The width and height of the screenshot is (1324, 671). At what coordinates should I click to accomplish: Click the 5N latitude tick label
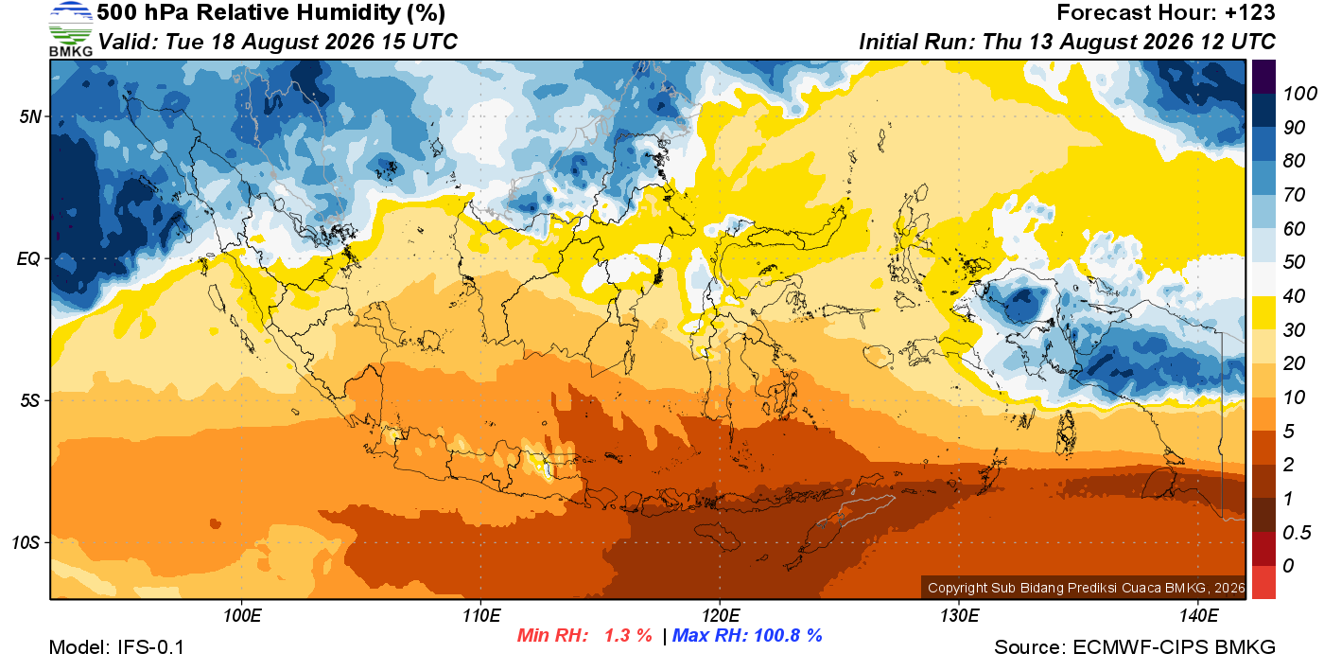30,116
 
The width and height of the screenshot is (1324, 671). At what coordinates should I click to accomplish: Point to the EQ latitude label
28,258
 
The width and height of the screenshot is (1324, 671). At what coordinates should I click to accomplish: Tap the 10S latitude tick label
26,542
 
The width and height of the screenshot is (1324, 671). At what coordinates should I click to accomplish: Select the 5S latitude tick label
30,400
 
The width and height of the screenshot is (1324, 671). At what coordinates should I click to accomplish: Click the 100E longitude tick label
242,615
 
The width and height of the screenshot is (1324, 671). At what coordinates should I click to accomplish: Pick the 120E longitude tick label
720,615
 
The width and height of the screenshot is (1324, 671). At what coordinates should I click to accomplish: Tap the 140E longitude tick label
1198,615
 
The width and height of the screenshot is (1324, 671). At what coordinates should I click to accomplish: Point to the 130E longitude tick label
959,615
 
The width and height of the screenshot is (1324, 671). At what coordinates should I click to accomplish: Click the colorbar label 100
1299,94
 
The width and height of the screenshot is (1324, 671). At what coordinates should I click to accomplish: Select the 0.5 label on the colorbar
1297,533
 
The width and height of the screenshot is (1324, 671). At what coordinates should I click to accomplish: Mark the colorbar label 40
1294,296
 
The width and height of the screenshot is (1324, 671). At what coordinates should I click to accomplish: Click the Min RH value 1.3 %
628,635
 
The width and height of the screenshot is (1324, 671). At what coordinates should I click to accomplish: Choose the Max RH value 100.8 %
788,635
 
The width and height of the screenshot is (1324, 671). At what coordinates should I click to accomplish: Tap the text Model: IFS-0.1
116,647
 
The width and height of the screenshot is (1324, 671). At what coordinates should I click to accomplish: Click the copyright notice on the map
1086,588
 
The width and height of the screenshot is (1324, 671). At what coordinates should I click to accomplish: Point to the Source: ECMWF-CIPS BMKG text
1135,647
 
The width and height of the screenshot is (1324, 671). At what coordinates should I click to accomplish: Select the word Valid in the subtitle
129,42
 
